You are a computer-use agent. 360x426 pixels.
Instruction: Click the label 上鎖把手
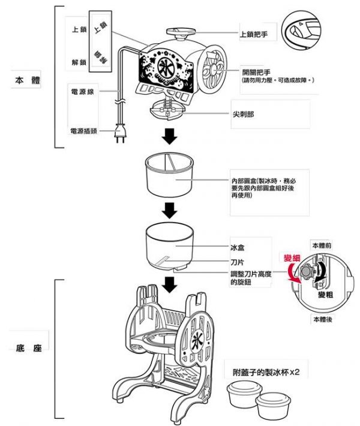[x=254, y=35]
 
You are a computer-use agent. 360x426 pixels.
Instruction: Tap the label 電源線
[x=82, y=92]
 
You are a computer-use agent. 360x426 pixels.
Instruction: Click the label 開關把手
[x=254, y=71]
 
